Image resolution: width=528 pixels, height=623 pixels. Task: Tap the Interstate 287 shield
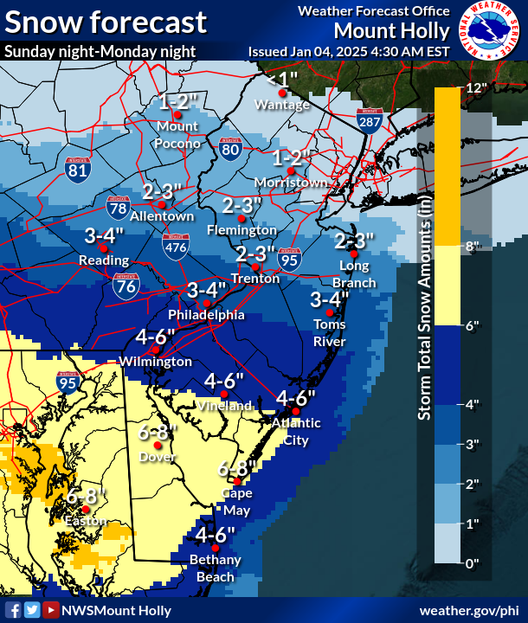tap(370, 122)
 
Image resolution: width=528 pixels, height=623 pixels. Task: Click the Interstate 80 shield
tap(229, 149)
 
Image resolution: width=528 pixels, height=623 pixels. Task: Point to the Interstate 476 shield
tap(176, 248)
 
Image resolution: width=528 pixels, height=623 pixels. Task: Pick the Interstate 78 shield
tap(119, 207)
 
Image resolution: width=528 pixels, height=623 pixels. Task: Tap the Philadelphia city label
tap(206, 316)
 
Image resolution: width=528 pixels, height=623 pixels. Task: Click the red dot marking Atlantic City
tap(296, 411)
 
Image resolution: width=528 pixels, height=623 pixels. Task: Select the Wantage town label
tap(281, 105)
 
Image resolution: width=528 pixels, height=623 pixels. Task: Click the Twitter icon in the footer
tap(32, 610)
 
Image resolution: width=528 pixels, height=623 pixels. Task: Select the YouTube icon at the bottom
tap(51, 610)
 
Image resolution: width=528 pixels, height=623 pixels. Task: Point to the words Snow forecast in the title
tap(106, 22)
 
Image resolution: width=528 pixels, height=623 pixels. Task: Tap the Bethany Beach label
tap(215, 568)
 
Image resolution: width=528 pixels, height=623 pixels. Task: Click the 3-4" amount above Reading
tap(105, 235)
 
